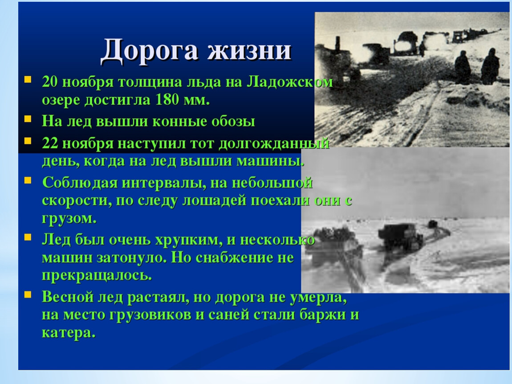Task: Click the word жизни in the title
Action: click(x=249, y=50)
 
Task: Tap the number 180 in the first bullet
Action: click(x=167, y=100)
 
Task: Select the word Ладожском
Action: click(x=290, y=81)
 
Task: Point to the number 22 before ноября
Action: click(x=50, y=143)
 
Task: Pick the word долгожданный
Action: click(x=274, y=144)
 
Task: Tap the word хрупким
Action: click(x=187, y=240)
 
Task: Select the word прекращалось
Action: click(x=97, y=276)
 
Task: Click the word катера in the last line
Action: click(x=68, y=333)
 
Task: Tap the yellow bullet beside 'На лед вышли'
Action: click(x=28, y=119)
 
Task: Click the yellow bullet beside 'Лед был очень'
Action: click(x=28, y=237)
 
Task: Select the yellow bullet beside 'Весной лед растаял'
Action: click(x=28, y=294)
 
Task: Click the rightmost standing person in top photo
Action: click(x=490, y=67)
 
